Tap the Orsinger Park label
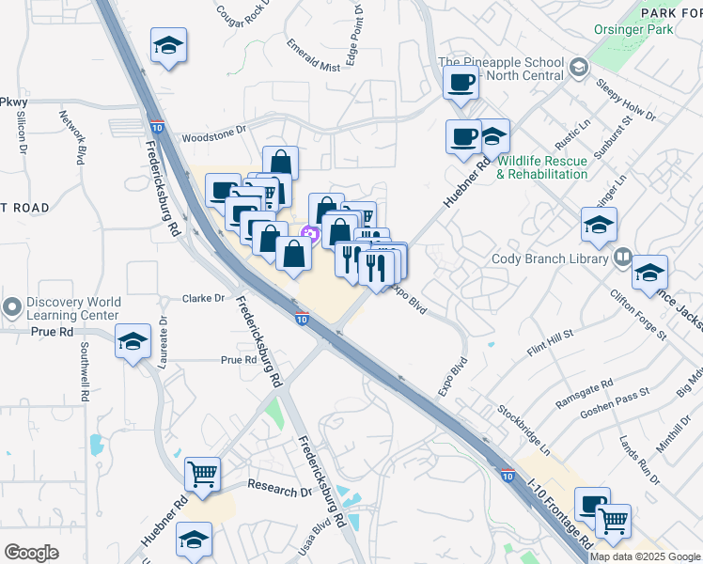click(x=648, y=29)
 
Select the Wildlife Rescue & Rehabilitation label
click(x=542, y=167)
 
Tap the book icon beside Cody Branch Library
click(x=622, y=257)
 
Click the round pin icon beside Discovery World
click(x=12, y=307)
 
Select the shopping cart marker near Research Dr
click(x=203, y=477)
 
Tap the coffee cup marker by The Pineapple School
click(x=461, y=84)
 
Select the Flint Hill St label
click(x=550, y=340)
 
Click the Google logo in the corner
click(x=31, y=553)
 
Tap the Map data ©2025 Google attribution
click(x=645, y=556)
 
